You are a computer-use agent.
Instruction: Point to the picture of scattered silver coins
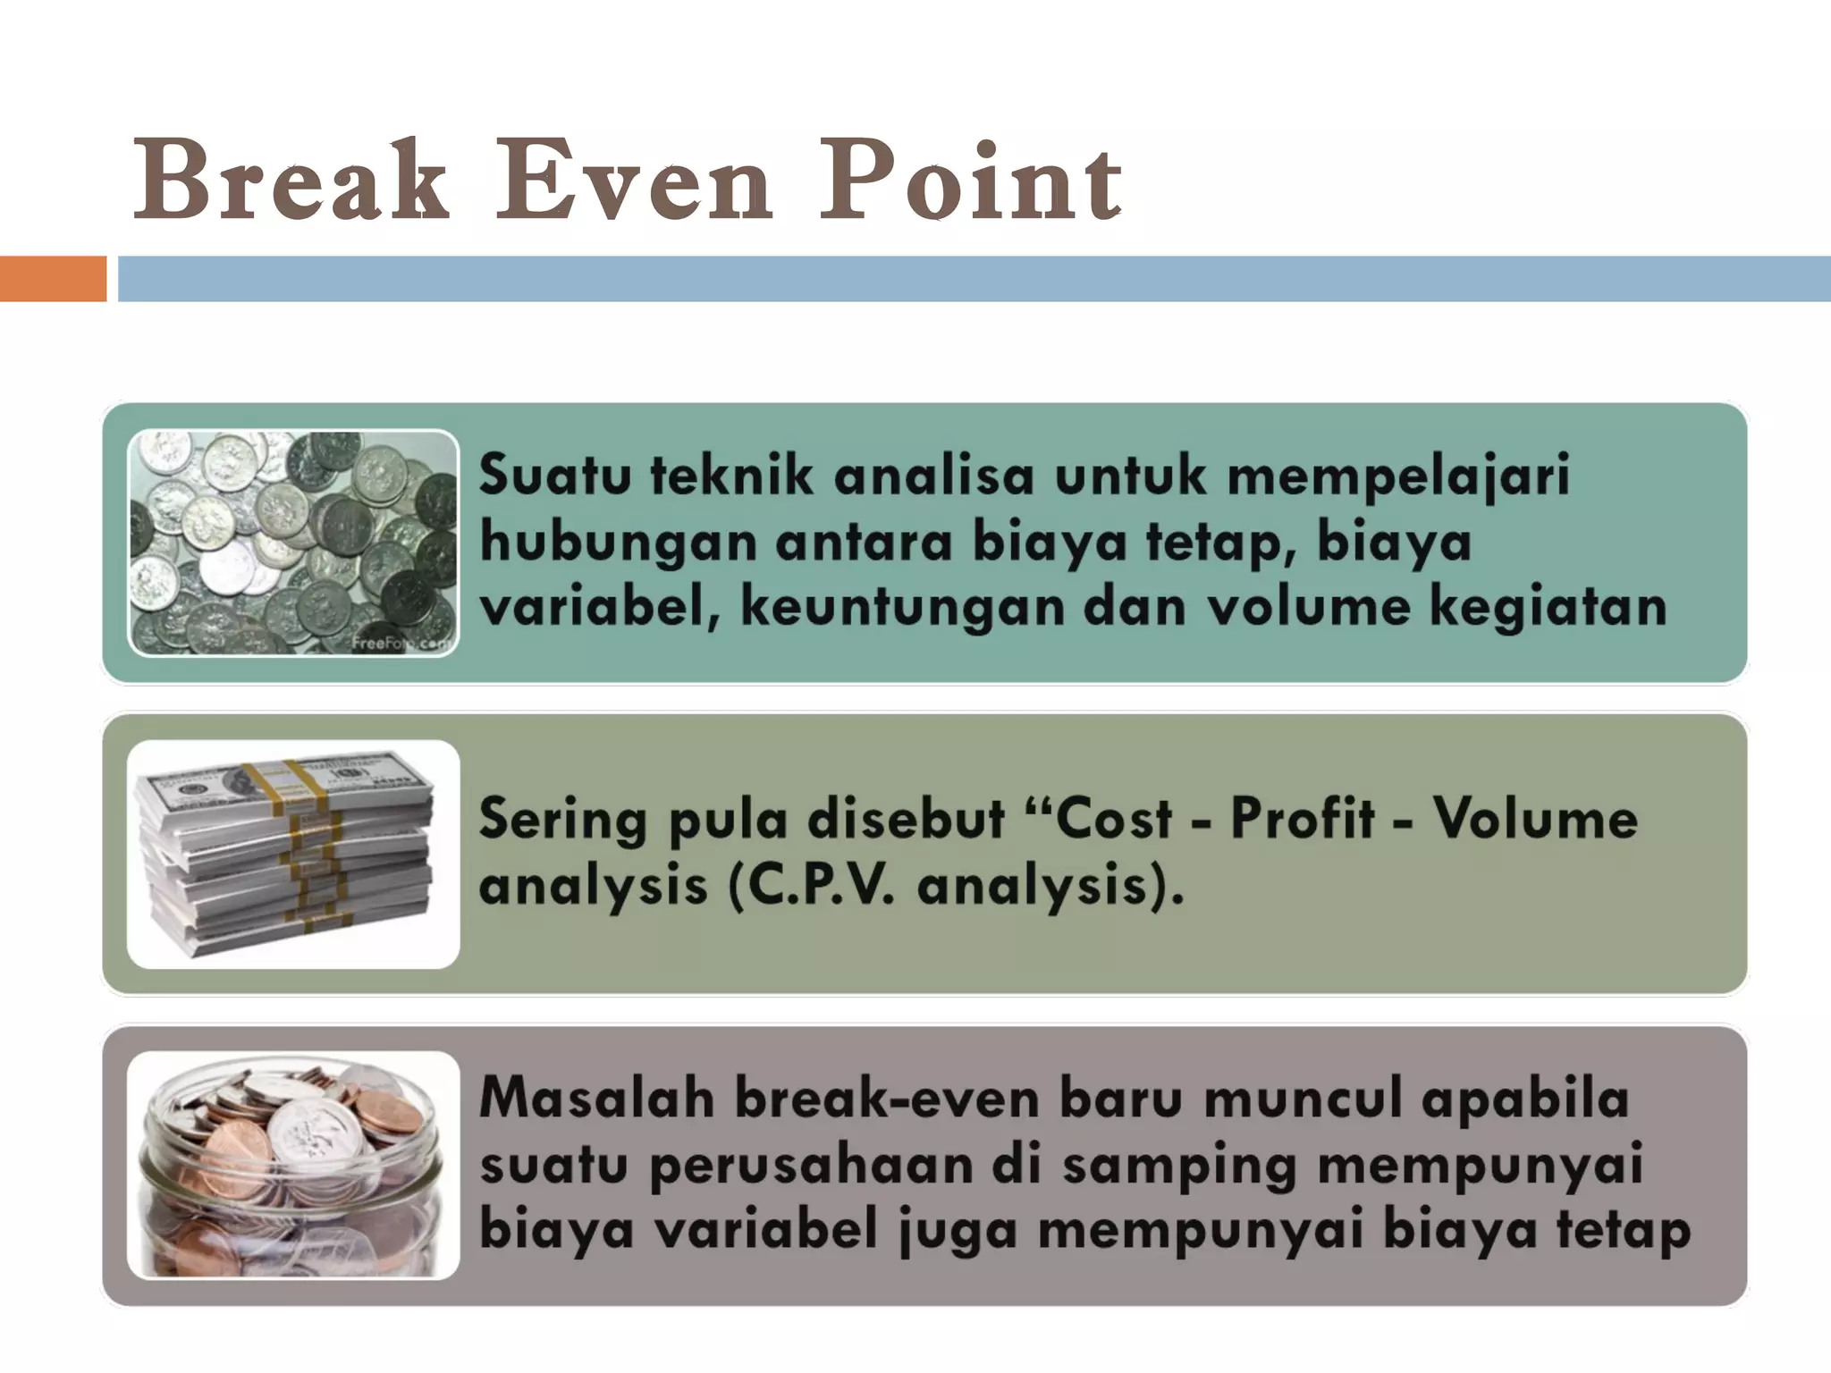pos(293,543)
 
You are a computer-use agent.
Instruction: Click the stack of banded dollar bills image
pos(293,854)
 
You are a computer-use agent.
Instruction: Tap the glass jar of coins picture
pos(293,1165)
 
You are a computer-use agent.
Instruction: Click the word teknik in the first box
pos(731,475)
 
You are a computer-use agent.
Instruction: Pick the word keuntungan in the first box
pos(902,608)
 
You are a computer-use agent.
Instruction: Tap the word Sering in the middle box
pos(562,821)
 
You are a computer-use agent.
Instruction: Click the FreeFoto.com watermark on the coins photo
pos(402,643)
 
